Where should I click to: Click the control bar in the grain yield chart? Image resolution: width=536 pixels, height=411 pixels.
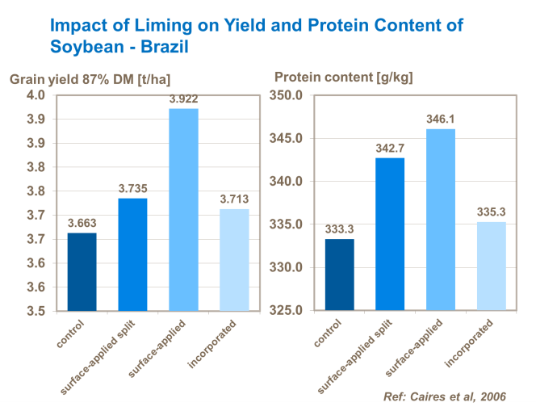[x=82, y=271]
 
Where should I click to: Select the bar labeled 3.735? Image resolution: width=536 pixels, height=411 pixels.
[x=132, y=254]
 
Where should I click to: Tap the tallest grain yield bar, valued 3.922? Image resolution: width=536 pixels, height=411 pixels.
[x=183, y=209]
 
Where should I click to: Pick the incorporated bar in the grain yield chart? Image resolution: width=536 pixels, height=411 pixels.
[x=234, y=259]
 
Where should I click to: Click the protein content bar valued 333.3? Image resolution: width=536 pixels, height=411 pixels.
[x=339, y=275]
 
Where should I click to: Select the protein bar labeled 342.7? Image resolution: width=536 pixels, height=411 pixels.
[x=390, y=233]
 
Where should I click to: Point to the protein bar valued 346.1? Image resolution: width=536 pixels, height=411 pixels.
[x=441, y=219]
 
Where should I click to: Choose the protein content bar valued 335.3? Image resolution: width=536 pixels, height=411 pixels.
[x=492, y=266]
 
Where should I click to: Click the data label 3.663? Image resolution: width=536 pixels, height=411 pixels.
[x=82, y=223]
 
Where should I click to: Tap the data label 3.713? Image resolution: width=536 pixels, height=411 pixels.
[x=234, y=199]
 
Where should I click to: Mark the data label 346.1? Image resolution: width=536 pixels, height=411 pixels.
[x=441, y=119]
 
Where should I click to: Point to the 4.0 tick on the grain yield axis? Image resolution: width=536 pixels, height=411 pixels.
[x=37, y=95]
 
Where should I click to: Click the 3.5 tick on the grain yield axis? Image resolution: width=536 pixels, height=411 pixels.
[x=37, y=310]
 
